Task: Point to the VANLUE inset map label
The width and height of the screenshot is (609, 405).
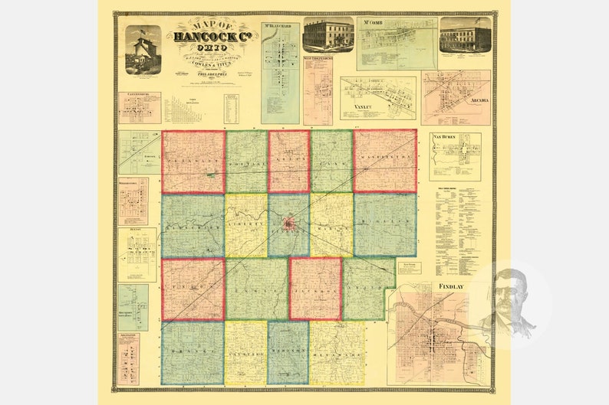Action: (363, 109)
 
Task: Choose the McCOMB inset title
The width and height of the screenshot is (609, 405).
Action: (374, 22)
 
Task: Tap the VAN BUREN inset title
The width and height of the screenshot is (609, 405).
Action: (445, 137)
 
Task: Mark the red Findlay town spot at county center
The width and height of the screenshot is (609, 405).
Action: (288, 224)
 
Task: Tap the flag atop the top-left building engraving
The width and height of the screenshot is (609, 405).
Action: (141, 32)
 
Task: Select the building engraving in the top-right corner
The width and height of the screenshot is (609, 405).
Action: (466, 35)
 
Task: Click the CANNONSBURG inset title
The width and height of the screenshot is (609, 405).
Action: (139, 96)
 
